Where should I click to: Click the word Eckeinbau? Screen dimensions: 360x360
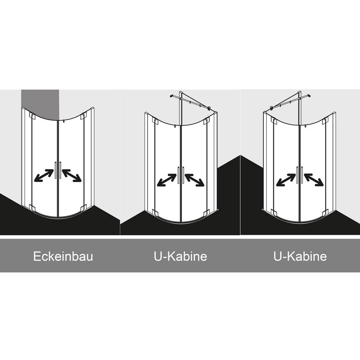point(63,256)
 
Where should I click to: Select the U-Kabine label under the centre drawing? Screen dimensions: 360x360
point(180,256)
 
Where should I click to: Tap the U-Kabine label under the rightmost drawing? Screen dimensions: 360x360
point(300,256)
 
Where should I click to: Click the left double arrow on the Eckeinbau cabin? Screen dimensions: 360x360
point(44,176)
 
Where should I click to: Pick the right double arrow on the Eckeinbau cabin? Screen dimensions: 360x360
point(72,176)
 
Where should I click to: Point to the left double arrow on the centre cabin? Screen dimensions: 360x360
point(167,180)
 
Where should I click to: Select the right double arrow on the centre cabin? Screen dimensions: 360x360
point(194,180)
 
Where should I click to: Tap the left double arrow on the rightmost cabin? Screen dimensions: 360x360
point(286,180)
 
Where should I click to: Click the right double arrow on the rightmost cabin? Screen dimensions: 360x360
point(314,180)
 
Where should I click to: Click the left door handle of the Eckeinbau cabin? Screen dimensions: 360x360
point(55,170)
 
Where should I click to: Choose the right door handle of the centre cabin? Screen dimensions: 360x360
point(183,175)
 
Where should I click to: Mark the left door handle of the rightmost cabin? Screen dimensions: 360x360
point(298,175)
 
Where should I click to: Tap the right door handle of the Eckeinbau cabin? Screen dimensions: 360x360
point(60,170)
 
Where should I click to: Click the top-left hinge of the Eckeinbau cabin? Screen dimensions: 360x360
point(32,116)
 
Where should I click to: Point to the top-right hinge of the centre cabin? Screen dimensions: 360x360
point(206,121)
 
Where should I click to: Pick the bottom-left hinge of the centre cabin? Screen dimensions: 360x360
point(155,212)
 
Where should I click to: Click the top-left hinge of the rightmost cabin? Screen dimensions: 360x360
point(274,120)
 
